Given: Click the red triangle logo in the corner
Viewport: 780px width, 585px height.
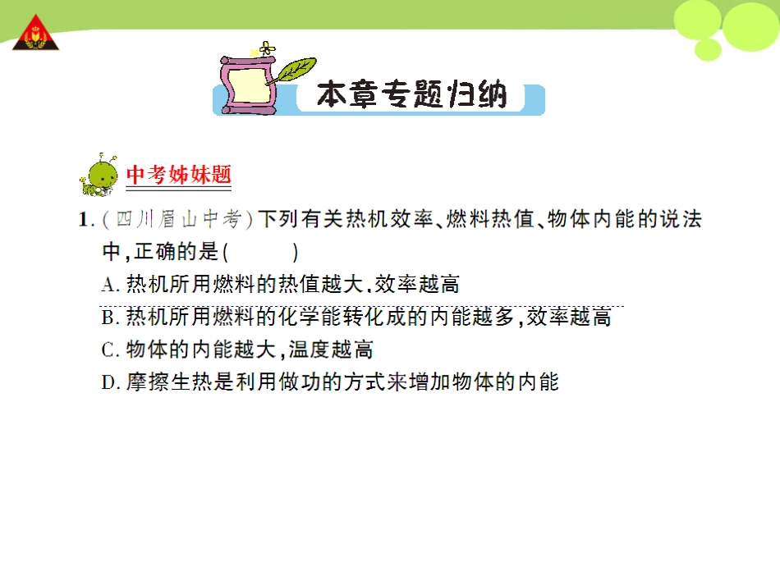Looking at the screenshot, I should click(x=34, y=34).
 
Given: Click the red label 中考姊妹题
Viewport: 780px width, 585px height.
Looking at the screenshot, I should click(x=179, y=175).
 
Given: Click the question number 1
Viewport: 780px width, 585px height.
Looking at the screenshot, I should click(x=83, y=220).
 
